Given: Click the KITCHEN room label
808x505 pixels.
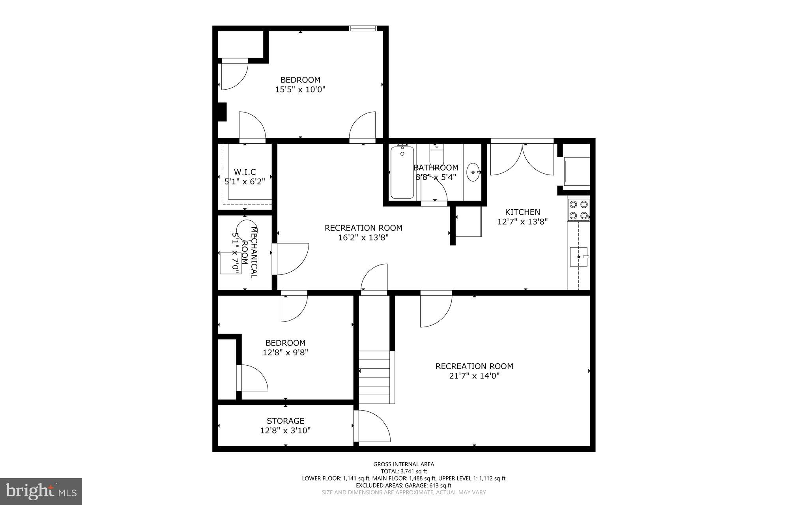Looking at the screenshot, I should pyautogui.click(x=522, y=212).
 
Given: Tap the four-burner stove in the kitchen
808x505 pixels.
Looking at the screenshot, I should pyautogui.click(x=578, y=210).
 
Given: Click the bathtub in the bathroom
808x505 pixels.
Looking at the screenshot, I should pyautogui.click(x=402, y=173).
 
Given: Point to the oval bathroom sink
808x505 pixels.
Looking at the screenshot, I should pyautogui.click(x=473, y=173).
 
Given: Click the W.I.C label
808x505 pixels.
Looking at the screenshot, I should pyautogui.click(x=245, y=172).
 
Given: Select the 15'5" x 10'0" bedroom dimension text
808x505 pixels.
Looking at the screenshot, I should pyautogui.click(x=300, y=90).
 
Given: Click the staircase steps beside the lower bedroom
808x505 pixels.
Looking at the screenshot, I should pyautogui.click(x=375, y=377).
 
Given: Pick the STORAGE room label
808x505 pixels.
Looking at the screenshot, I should pyautogui.click(x=285, y=421).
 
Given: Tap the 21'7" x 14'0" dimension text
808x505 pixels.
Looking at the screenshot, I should pyautogui.click(x=474, y=376).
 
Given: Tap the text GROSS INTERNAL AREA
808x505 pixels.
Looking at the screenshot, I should pyautogui.click(x=404, y=464).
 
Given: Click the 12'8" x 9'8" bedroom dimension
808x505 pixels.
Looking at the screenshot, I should pyautogui.click(x=285, y=353).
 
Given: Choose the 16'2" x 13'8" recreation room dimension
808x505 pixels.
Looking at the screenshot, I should pyautogui.click(x=363, y=238).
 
